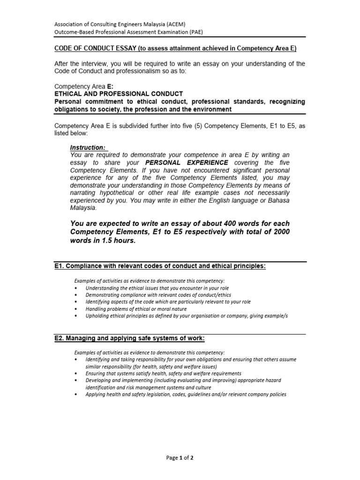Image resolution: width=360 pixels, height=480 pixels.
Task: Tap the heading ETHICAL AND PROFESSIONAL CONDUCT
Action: pyautogui.click(x=119, y=94)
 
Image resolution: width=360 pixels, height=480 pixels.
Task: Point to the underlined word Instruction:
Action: pyautogui.click(x=88, y=147)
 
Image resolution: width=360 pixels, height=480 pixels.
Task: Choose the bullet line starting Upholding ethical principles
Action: pyautogui.click(x=187, y=316)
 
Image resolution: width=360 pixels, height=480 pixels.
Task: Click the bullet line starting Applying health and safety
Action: pyautogui.click(x=186, y=395)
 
